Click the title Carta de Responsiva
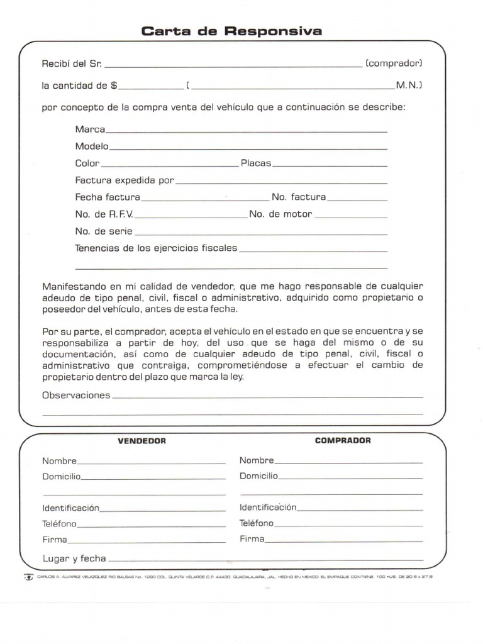click(x=231, y=31)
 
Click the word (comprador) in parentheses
click(x=394, y=64)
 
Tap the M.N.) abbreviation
click(x=409, y=85)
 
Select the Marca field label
click(x=90, y=129)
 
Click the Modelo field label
click(x=92, y=146)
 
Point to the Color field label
click(x=87, y=163)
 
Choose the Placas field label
click(x=256, y=163)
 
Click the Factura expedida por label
click(x=124, y=180)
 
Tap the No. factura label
click(x=299, y=197)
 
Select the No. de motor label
click(x=280, y=214)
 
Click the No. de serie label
click(x=104, y=231)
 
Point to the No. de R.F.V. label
click(x=104, y=214)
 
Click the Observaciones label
click(x=76, y=395)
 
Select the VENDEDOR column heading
click(x=142, y=441)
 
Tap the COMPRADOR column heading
click(x=343, y=440)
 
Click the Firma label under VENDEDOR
click(x=55, y=540)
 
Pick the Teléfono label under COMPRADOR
click(x=257, y=523)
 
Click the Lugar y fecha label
click(x=74, y=558)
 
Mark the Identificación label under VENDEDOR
click(x=70, y=508)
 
